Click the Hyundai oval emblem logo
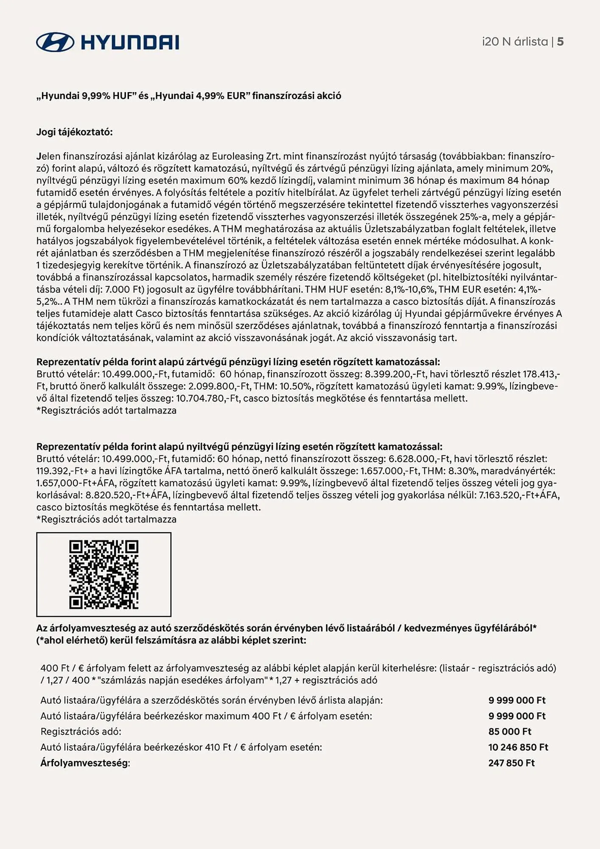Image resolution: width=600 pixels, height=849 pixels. point(55,42)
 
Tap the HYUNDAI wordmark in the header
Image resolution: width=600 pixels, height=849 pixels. point(129,42)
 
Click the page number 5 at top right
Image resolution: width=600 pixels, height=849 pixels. point(560,42)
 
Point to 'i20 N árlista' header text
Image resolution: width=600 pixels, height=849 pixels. point(515,42)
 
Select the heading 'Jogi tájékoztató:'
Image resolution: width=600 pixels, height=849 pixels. point(74,132)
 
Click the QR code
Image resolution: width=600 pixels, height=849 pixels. point(104,574)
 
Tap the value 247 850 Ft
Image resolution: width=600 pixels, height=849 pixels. point(511,763)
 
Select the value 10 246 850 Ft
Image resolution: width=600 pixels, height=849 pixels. point(518,747)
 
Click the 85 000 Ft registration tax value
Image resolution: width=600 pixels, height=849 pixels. point(510,731)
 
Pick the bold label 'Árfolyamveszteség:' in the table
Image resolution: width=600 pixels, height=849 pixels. point(85,763)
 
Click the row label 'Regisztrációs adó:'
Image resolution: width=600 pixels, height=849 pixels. point(81,731)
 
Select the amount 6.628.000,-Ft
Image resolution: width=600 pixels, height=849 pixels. point(419,458)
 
